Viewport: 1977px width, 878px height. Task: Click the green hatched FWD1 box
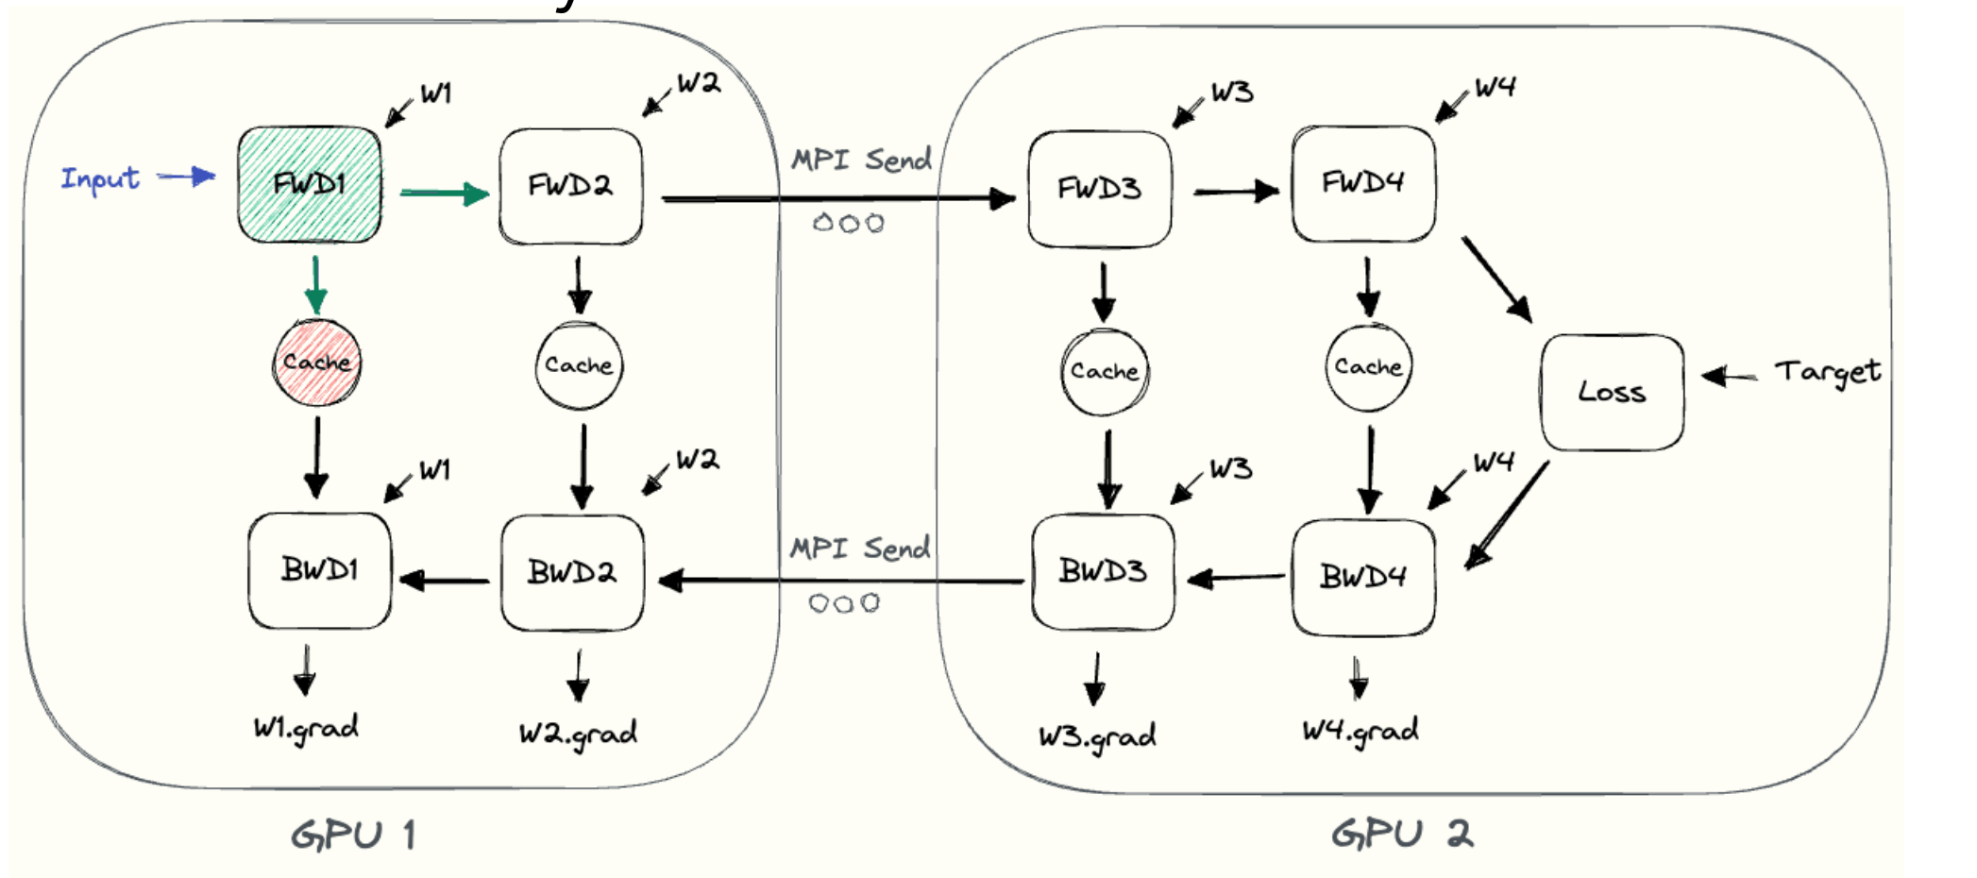(x=310, y=184)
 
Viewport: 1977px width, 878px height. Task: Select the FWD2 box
(x=570, y=186)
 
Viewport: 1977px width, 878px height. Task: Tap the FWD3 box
(x=1100, y=189)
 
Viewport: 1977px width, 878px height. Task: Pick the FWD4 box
(x=1363, y=183)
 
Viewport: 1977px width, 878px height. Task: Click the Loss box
(x=1612, y=392)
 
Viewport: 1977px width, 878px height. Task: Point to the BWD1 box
(x=319, y=570)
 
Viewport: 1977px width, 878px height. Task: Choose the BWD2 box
(x=572, y=572)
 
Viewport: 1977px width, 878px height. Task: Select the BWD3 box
(x=1103, y=571)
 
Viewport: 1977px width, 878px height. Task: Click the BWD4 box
(x=1363, y=576)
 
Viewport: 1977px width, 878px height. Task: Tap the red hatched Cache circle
(x=316, y=363)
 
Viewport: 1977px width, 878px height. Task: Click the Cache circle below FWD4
(x=1368, y=367)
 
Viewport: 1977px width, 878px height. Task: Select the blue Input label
(x=100, y=177)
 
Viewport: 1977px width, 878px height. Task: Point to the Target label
(x=1828, y=372)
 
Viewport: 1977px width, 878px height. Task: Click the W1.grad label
(x=306, y=728)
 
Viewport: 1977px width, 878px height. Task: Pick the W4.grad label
(x=1360, y=731)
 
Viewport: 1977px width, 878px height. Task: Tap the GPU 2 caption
(x=1402, y=834)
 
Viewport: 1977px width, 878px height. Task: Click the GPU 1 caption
(x=353, y=836)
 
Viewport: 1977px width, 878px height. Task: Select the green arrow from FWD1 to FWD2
(x=444, y=194)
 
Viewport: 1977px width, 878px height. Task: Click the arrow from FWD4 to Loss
(x=1496, y=279)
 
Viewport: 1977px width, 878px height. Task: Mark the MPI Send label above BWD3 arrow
(x=860, y=549)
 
